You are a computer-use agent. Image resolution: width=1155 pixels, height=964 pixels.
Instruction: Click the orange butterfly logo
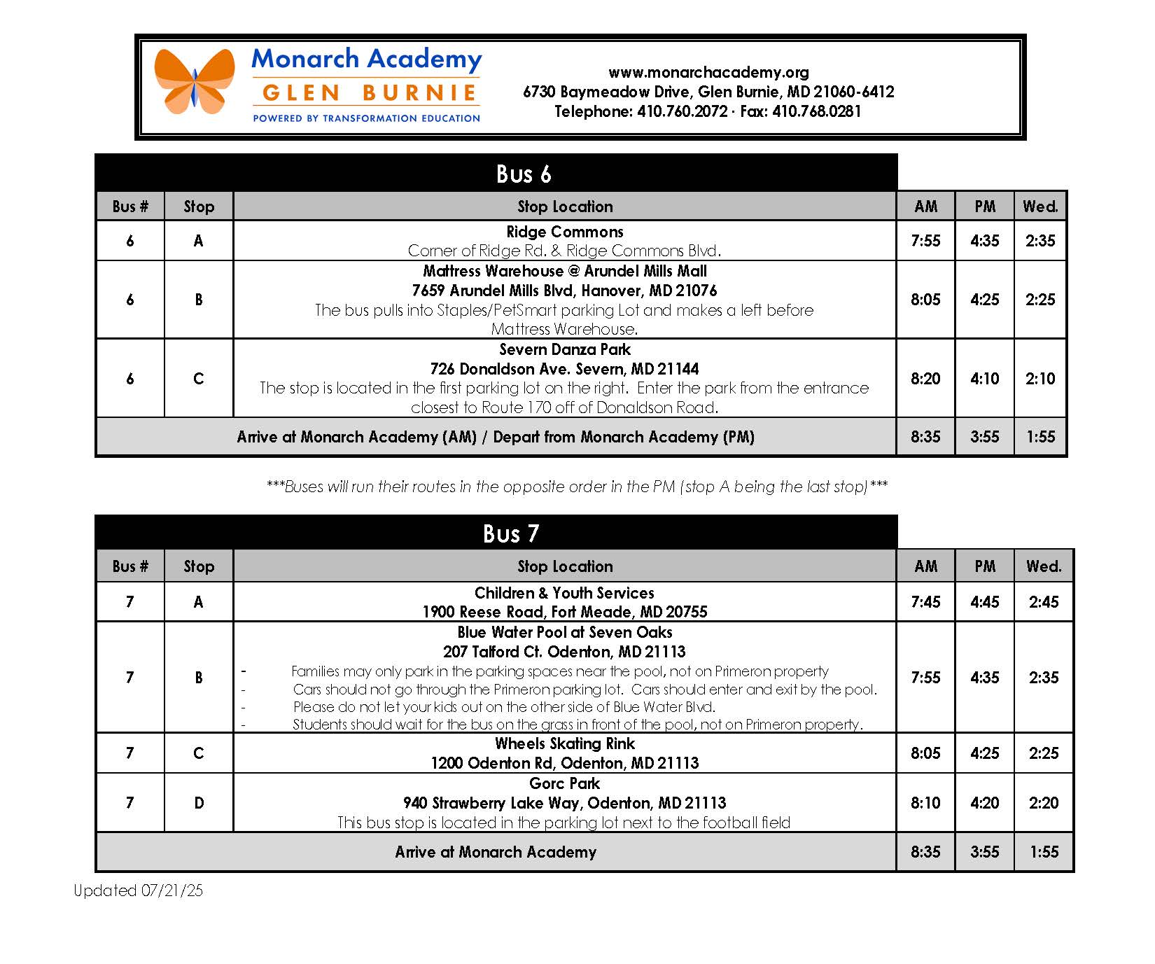click(x=195, y=81)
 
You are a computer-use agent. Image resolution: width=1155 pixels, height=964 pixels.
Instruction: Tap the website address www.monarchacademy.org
click(x=708, y=72)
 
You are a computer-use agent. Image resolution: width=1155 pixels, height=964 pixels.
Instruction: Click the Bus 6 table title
click(x=523, y=174)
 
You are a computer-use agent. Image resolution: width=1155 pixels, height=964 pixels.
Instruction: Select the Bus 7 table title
click(x=511, y=534)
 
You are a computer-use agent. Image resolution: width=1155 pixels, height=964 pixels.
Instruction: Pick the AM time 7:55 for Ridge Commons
click(x=925, y=241)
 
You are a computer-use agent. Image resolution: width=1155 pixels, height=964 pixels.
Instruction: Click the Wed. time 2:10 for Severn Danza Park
click(x=1040, y=379)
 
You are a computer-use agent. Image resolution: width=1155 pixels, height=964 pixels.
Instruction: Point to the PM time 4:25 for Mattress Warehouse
click(x=984, y=300)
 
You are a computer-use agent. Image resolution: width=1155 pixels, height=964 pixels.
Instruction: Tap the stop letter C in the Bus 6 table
click(x=199, y=379)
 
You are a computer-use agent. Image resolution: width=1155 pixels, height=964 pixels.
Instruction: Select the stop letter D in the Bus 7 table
click(x=199, y=803)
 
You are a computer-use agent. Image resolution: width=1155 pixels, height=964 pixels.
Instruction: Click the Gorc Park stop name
click(x=564, y=784)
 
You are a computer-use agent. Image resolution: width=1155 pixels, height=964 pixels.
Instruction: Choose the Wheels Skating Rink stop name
click(x=564, y=743)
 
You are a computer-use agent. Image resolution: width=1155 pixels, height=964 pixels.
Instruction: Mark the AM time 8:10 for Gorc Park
click(x=925, y=803)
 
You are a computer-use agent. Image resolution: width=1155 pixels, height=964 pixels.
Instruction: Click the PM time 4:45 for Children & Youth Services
click(x=984, y=602)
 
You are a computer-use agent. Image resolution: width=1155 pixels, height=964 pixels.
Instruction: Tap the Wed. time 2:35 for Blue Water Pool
click(x=1044, y=678)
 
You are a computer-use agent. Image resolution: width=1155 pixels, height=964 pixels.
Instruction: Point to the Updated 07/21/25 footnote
click(x=138, y=890)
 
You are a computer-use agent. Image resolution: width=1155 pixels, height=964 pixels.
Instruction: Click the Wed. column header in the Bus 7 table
click(x=1044, y=566)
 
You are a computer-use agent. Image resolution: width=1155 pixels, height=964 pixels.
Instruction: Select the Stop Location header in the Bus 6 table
click(x=564, y=207)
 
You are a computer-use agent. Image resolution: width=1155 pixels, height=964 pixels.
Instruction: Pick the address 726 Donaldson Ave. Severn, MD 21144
click(x=564, y=369)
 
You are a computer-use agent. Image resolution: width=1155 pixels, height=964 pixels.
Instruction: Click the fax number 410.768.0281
click(x=816, y=111)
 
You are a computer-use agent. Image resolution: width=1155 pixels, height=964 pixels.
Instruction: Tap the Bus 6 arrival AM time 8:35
click(x=925, y=437)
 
